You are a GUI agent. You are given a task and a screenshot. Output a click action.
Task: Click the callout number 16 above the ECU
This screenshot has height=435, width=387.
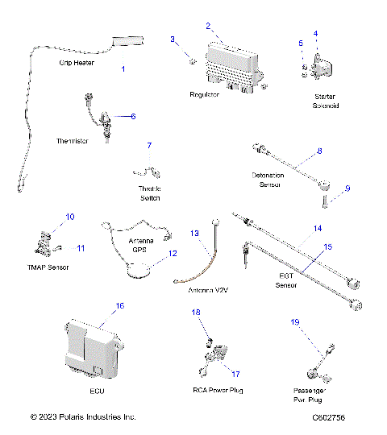pos(119,306)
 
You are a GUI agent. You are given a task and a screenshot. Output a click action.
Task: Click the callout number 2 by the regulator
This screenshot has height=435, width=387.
pos(208,26)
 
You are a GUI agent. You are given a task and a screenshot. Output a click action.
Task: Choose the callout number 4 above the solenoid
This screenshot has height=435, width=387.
pos(315,34)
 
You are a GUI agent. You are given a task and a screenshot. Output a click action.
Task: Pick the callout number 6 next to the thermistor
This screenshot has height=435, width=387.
pos(133,116)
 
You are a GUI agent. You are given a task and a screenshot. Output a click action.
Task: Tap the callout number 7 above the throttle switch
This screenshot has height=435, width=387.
pos(148,146)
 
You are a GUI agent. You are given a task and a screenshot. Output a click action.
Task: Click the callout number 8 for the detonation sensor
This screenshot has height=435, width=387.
pos(318,151)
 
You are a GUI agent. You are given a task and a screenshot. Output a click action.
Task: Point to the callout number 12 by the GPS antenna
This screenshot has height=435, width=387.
pos(172,252)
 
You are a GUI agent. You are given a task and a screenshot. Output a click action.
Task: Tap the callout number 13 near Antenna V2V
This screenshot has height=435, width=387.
pos(193,233)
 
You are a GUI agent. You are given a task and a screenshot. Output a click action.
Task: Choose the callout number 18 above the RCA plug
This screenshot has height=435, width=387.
pos(196,311)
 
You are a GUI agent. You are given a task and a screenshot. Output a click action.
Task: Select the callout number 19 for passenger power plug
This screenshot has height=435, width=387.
pos(295,321)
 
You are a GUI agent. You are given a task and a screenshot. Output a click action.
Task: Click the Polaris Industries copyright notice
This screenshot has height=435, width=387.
pos(83,416)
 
